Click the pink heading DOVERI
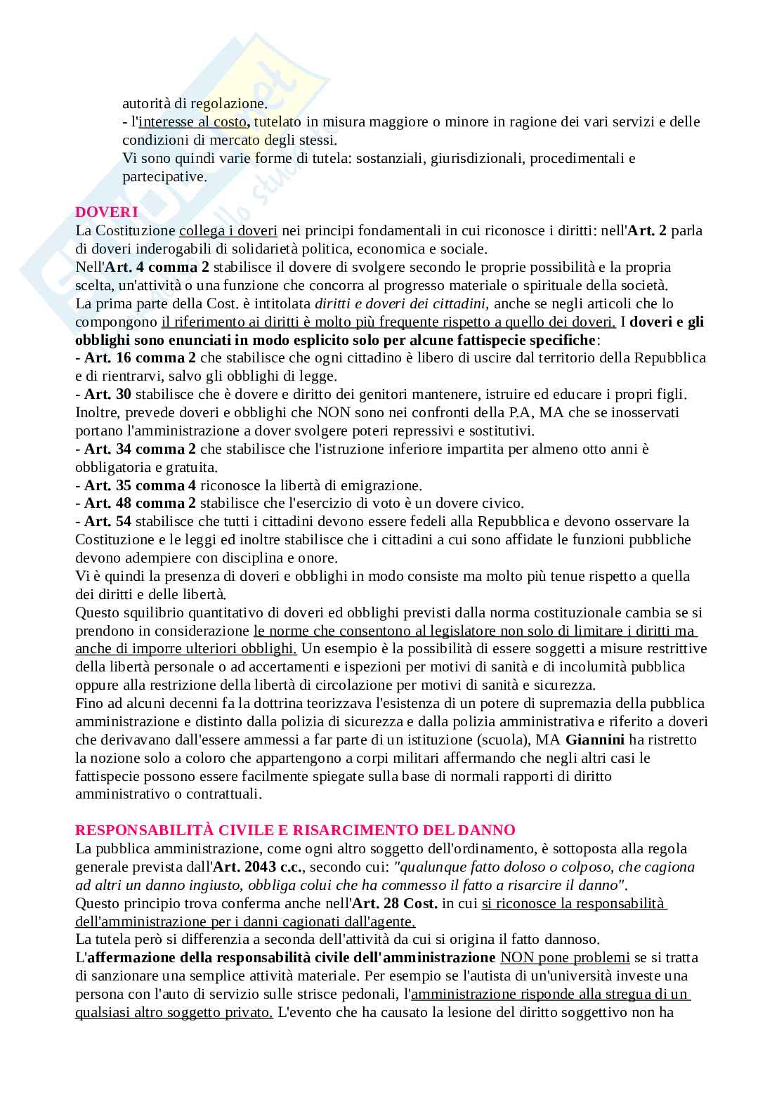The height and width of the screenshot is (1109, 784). [x=106, y=212]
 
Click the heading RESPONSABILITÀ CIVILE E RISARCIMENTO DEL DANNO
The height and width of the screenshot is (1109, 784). [x=295, y=830]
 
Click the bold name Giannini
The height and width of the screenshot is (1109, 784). [x=595, y=740]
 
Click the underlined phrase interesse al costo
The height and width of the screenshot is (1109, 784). [x=193, y=122]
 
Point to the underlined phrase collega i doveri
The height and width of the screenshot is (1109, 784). [x=228, y=230]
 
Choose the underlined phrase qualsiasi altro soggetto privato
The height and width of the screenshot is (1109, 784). [x=174, y=1013]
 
